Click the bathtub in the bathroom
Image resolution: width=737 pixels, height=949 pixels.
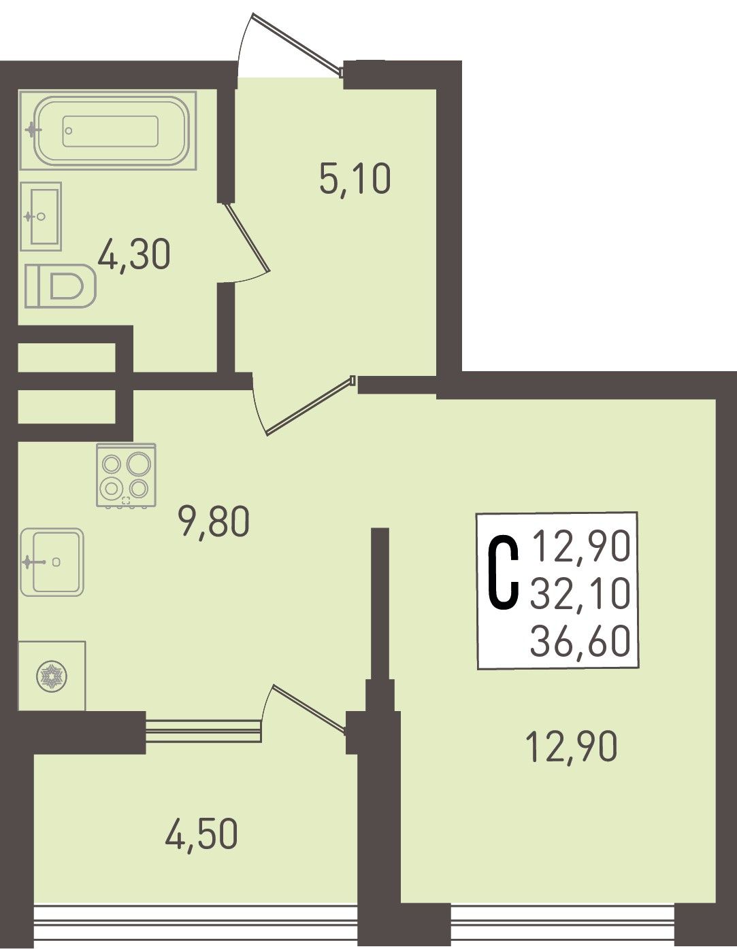click(108, 131)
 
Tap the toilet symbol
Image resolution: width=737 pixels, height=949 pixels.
click(61, 286)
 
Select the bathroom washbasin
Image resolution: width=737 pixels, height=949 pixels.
click(41, 216)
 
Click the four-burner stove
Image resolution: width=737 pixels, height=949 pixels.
click(126, 476)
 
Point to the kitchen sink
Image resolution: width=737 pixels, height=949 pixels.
click(52, 562)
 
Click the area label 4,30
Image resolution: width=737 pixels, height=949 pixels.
click(133, 255)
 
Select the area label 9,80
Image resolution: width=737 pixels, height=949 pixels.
click(214, 522)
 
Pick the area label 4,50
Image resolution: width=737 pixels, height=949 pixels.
click(201, 835)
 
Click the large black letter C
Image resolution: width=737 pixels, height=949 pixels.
click(503, 574)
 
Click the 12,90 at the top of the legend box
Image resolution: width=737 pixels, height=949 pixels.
click(581, 546)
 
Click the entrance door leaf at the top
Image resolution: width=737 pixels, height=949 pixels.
click(297, 43)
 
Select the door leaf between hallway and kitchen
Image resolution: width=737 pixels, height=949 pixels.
click(310, 404)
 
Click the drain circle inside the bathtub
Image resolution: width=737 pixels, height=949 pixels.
click(69, 131)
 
